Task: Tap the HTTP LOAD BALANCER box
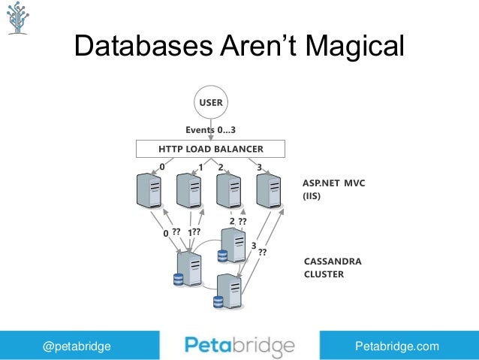210,148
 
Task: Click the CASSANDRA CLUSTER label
333,268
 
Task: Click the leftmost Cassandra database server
188,269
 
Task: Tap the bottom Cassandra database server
228,291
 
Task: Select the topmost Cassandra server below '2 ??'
232,245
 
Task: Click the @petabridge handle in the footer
77,346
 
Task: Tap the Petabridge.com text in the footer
396,346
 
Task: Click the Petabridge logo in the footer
239,346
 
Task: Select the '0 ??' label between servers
172,233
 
